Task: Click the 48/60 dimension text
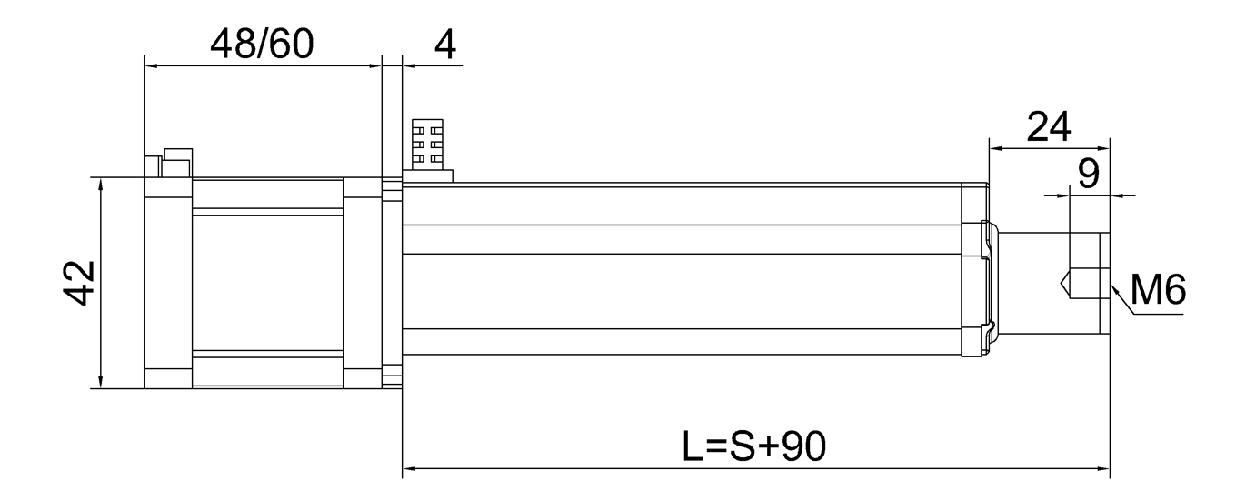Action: [261, 44]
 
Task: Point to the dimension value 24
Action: [1049, 127]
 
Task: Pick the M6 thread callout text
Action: [1157, 291]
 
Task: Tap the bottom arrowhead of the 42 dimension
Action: [101, 383]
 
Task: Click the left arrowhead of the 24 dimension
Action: [993, 147]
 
